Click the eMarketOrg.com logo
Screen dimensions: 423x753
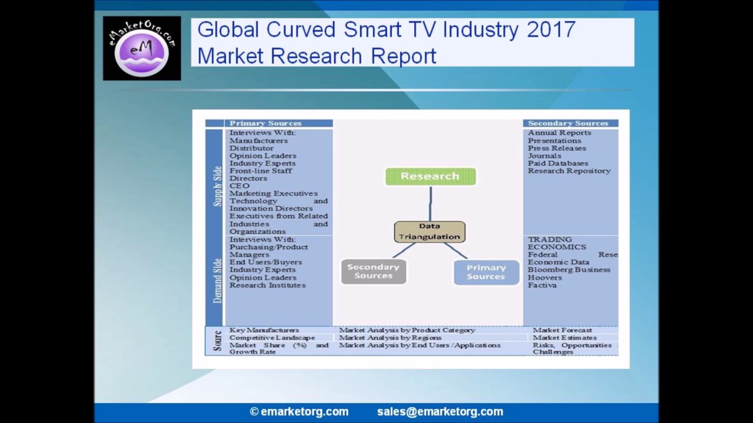pos(142,48)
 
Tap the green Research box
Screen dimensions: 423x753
pos(430,176)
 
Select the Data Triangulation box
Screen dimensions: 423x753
pos(429,231)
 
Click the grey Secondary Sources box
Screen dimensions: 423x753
pos(373,271)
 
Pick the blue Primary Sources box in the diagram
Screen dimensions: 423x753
pos(486,272)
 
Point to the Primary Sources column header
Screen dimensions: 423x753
pos(265,123)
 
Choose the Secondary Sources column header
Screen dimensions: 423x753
pos(568,123)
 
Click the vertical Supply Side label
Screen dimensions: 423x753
pos(218,186)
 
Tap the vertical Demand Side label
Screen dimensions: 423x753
pos(218,281)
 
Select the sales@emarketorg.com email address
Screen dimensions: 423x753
pos(440,412)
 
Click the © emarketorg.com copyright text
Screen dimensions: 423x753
pos(299,412)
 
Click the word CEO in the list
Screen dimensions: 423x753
pos(239,186)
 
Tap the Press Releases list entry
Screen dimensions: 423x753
pos(557,148)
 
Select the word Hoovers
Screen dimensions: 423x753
pos(544,277)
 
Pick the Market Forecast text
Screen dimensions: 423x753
pos(562,330)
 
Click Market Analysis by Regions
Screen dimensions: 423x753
pos(390,338)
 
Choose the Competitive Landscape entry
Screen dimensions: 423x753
pos(272,338)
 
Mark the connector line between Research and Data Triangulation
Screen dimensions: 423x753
pos(431,203)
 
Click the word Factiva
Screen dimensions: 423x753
pos(542,285)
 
